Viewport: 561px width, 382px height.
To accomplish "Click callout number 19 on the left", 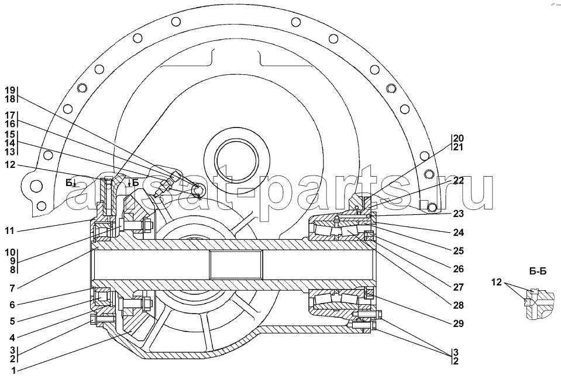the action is coord(10,90).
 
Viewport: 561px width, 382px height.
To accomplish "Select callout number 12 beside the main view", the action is coord(10,164).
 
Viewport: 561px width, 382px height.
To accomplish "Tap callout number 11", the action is coord(10,231).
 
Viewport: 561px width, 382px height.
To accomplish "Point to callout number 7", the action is coord(12,288).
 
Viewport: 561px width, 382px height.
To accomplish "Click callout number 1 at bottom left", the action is coord(13,370).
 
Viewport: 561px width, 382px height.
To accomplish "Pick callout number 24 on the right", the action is coord(458,232).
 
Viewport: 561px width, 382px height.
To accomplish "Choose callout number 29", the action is coord(458,324).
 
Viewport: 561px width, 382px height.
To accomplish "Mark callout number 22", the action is coord(458,180).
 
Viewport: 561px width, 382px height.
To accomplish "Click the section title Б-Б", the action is coord(538,271).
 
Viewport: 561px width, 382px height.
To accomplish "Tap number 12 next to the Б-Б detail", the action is coord(496,282).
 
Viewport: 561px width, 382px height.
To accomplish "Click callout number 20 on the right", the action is coord(458,138).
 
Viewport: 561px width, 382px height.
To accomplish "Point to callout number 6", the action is coord(12,305).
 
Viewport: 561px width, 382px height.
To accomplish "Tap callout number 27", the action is coord(458,287).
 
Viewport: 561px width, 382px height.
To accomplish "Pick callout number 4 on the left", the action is coord(12,338).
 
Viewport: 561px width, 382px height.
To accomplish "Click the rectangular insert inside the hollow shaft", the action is coord(236,264).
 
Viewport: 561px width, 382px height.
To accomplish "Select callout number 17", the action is coord(10,115).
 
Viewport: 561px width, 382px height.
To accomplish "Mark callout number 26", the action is coord(458,269).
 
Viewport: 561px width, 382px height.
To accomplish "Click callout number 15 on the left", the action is coord(10,135).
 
